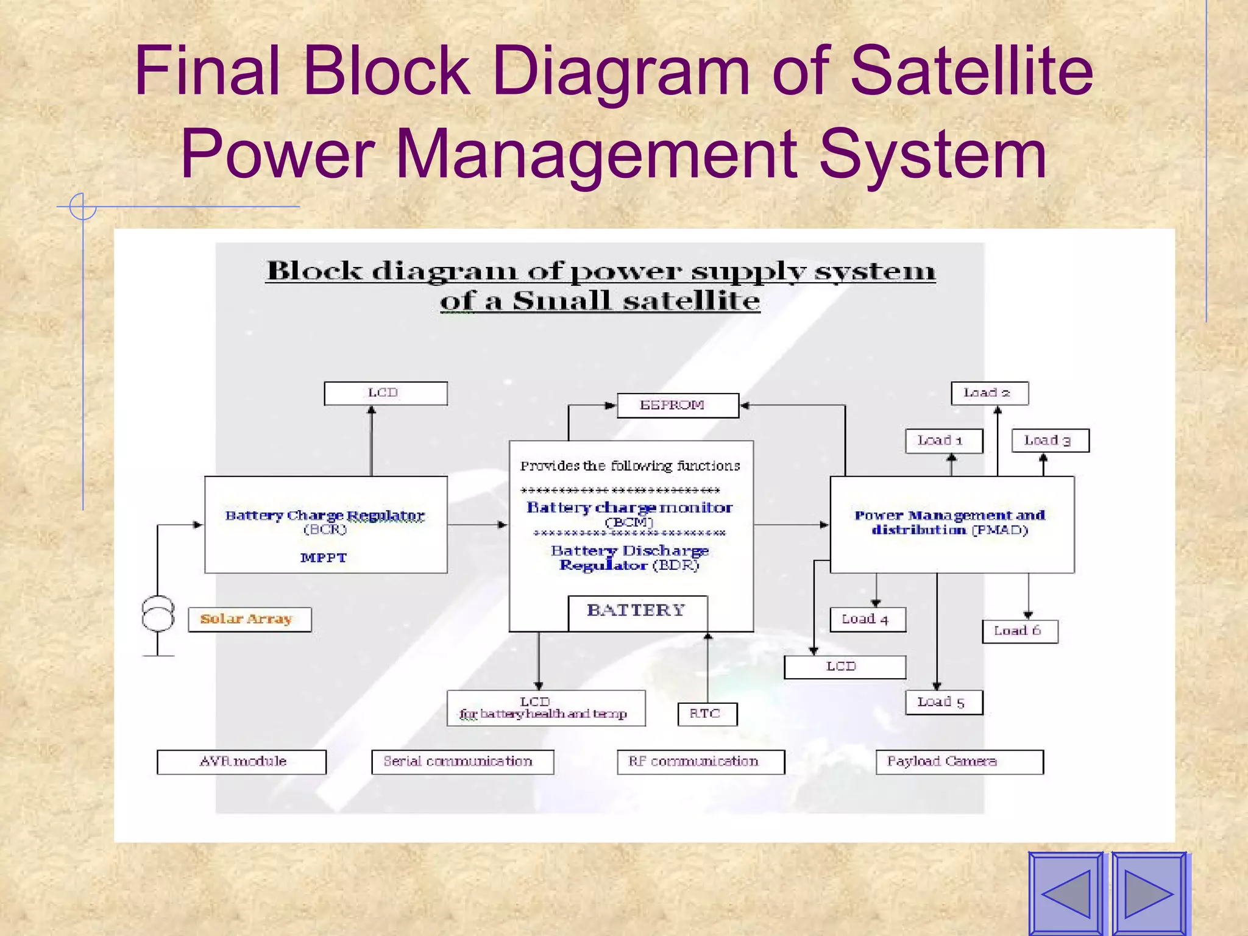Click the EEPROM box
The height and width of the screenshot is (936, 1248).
[x=678, y=405]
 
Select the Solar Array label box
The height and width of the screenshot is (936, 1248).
[x=249, y=619]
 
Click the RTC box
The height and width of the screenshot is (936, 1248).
[x=707, y=714]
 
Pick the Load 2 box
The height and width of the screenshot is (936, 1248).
[x=989, y=393]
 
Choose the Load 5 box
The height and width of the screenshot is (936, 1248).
[x=943, y=702]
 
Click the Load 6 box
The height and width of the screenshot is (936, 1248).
[x=1019, y=631]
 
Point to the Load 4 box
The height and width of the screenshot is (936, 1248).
[x=867, y=619]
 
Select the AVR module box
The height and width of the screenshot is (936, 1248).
[x=241, y=762]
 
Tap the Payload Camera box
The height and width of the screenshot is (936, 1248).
[x=959, y=762]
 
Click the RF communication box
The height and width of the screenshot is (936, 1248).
[x=700, y=762]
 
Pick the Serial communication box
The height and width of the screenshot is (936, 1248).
[x=462, y=762]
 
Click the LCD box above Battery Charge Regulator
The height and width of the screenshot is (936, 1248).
[x=385, y=393]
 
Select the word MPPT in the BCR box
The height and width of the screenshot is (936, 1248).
[x=324, y=558]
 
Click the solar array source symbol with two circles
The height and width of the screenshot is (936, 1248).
[x=158, y=613]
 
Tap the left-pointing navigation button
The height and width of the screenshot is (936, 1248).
[x=1066, y=893]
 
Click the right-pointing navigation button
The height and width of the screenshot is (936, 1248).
[x=1149, y=893]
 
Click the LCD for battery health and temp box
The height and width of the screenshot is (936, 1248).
[x=545, y=708]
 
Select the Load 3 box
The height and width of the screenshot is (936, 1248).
[x=1049, y=440]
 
